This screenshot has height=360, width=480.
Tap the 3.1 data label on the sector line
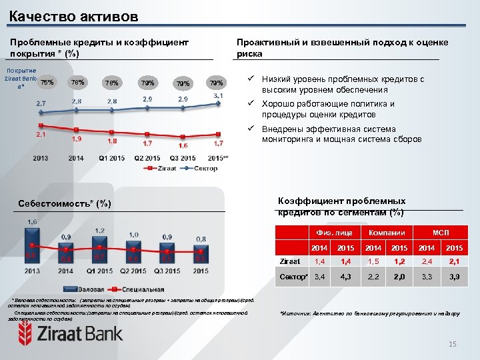(218, 97)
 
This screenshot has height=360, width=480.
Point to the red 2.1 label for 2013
(41, 135)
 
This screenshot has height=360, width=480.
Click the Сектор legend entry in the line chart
(203, 169)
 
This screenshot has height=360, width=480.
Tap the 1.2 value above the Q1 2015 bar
(100, 230)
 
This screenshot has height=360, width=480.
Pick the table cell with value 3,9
(454, 276)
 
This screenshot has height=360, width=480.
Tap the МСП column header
(440, 232)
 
